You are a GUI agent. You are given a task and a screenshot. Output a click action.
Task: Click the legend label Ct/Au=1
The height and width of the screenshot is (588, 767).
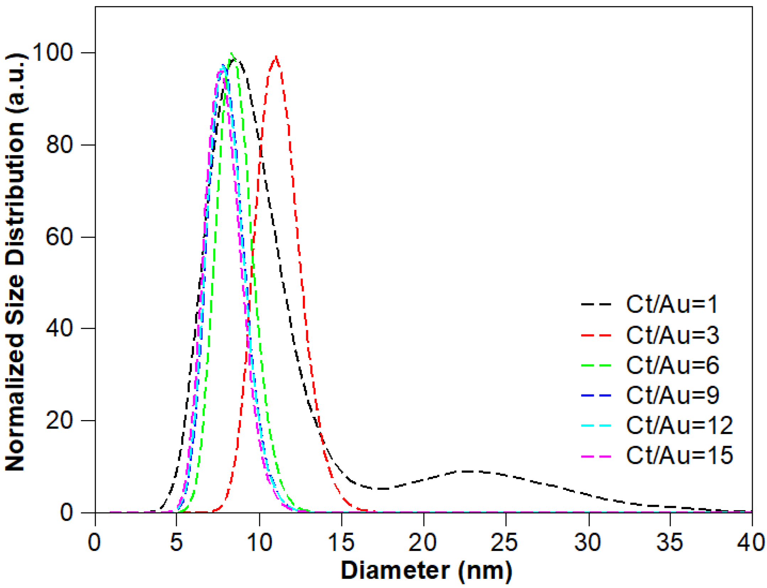(671, 304)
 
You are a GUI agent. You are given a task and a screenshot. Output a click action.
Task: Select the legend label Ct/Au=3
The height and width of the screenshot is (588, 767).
(672, 335)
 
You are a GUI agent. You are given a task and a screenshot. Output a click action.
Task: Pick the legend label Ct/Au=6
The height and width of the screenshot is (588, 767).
(672, 365)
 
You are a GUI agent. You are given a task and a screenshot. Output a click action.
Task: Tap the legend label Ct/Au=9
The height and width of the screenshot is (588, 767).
(672, 395)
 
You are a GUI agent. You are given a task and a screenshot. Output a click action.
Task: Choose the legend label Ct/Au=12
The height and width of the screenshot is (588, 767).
(679, 425)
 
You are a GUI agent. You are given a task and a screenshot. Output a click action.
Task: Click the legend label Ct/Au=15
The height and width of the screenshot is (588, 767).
(679, 455)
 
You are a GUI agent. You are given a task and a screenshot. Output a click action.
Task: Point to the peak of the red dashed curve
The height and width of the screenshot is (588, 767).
(276, 57)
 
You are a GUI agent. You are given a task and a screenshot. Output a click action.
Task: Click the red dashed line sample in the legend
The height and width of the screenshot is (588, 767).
(596, 335)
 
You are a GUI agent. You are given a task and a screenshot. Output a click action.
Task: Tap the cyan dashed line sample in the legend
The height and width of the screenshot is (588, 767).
(596, 426)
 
